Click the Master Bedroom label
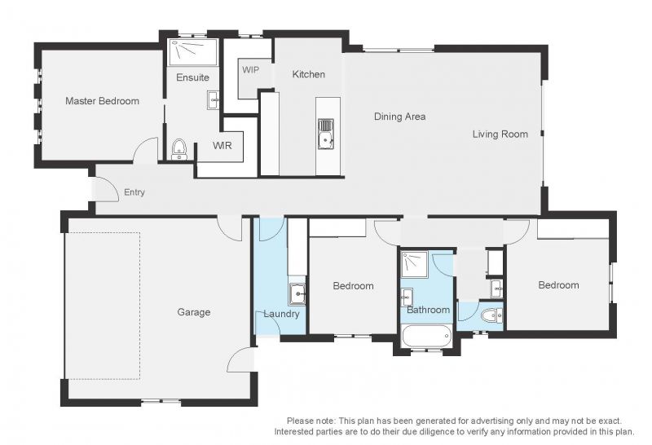click(103, 100)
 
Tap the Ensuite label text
click(192, 77)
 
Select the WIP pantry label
click(250, 69)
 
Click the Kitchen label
click(309, 74)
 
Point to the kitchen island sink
click(325, 134)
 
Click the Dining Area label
click(399, 117)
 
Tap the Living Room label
click(500, 134)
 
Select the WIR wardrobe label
click(222, 146)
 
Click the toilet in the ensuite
click(179, 149)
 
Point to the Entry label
click(134, 192)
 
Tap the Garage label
click(194, 312)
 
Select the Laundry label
click(281, 314)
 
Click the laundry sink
click(297, 293)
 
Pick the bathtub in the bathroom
click(427, 337)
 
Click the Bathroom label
click(429, 310)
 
